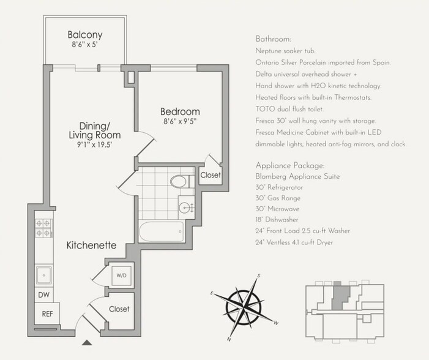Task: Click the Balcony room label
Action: pos(85,35)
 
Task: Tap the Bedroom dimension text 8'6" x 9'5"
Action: pos(180,121)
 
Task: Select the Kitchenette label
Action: pos(91,245)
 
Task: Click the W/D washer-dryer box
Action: pos(121,275)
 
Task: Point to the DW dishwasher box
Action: pos(44,295)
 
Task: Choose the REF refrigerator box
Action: pos(47,313)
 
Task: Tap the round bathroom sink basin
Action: pos(184,208)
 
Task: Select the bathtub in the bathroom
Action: pos(161,231)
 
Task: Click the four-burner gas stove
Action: pos(43,228)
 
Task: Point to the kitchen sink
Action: pos(43,275)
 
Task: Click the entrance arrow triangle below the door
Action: pos(87,342)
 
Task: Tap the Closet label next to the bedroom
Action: pos(211,175)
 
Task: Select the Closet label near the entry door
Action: pos(119,309)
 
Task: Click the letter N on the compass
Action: pos(229,339)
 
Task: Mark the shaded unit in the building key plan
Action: pos(340,297)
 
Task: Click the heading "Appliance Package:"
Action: pos(290,166)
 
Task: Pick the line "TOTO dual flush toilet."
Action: pos(289,109)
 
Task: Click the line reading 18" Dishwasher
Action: pos(277,220)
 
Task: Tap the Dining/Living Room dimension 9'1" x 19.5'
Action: pos(95,144)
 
